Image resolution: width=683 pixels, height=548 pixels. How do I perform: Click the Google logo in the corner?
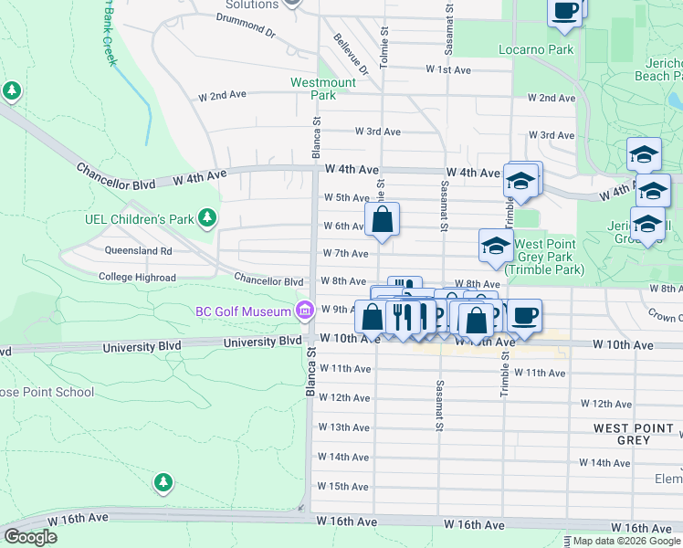(30, 537)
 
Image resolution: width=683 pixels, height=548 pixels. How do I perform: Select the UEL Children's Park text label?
(150, 219)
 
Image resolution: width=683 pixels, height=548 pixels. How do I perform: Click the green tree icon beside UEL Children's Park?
(208, 217)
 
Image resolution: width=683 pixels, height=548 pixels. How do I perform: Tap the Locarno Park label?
(536, 49)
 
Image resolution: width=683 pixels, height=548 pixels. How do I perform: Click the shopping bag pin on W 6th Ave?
(383, 220)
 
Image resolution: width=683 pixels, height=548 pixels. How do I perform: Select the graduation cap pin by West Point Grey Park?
(496, 247)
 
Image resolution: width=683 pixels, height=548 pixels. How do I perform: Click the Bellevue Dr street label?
(351, 55)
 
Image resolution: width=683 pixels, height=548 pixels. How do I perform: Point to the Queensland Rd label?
(139, 250)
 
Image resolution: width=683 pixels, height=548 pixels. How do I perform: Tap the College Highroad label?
(137, 277)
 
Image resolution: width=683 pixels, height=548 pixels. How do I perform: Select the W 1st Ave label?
(447, 69)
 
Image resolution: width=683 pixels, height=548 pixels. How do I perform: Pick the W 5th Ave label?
(346, 197)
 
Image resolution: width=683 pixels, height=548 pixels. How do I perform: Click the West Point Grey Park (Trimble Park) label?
(544, 257)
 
